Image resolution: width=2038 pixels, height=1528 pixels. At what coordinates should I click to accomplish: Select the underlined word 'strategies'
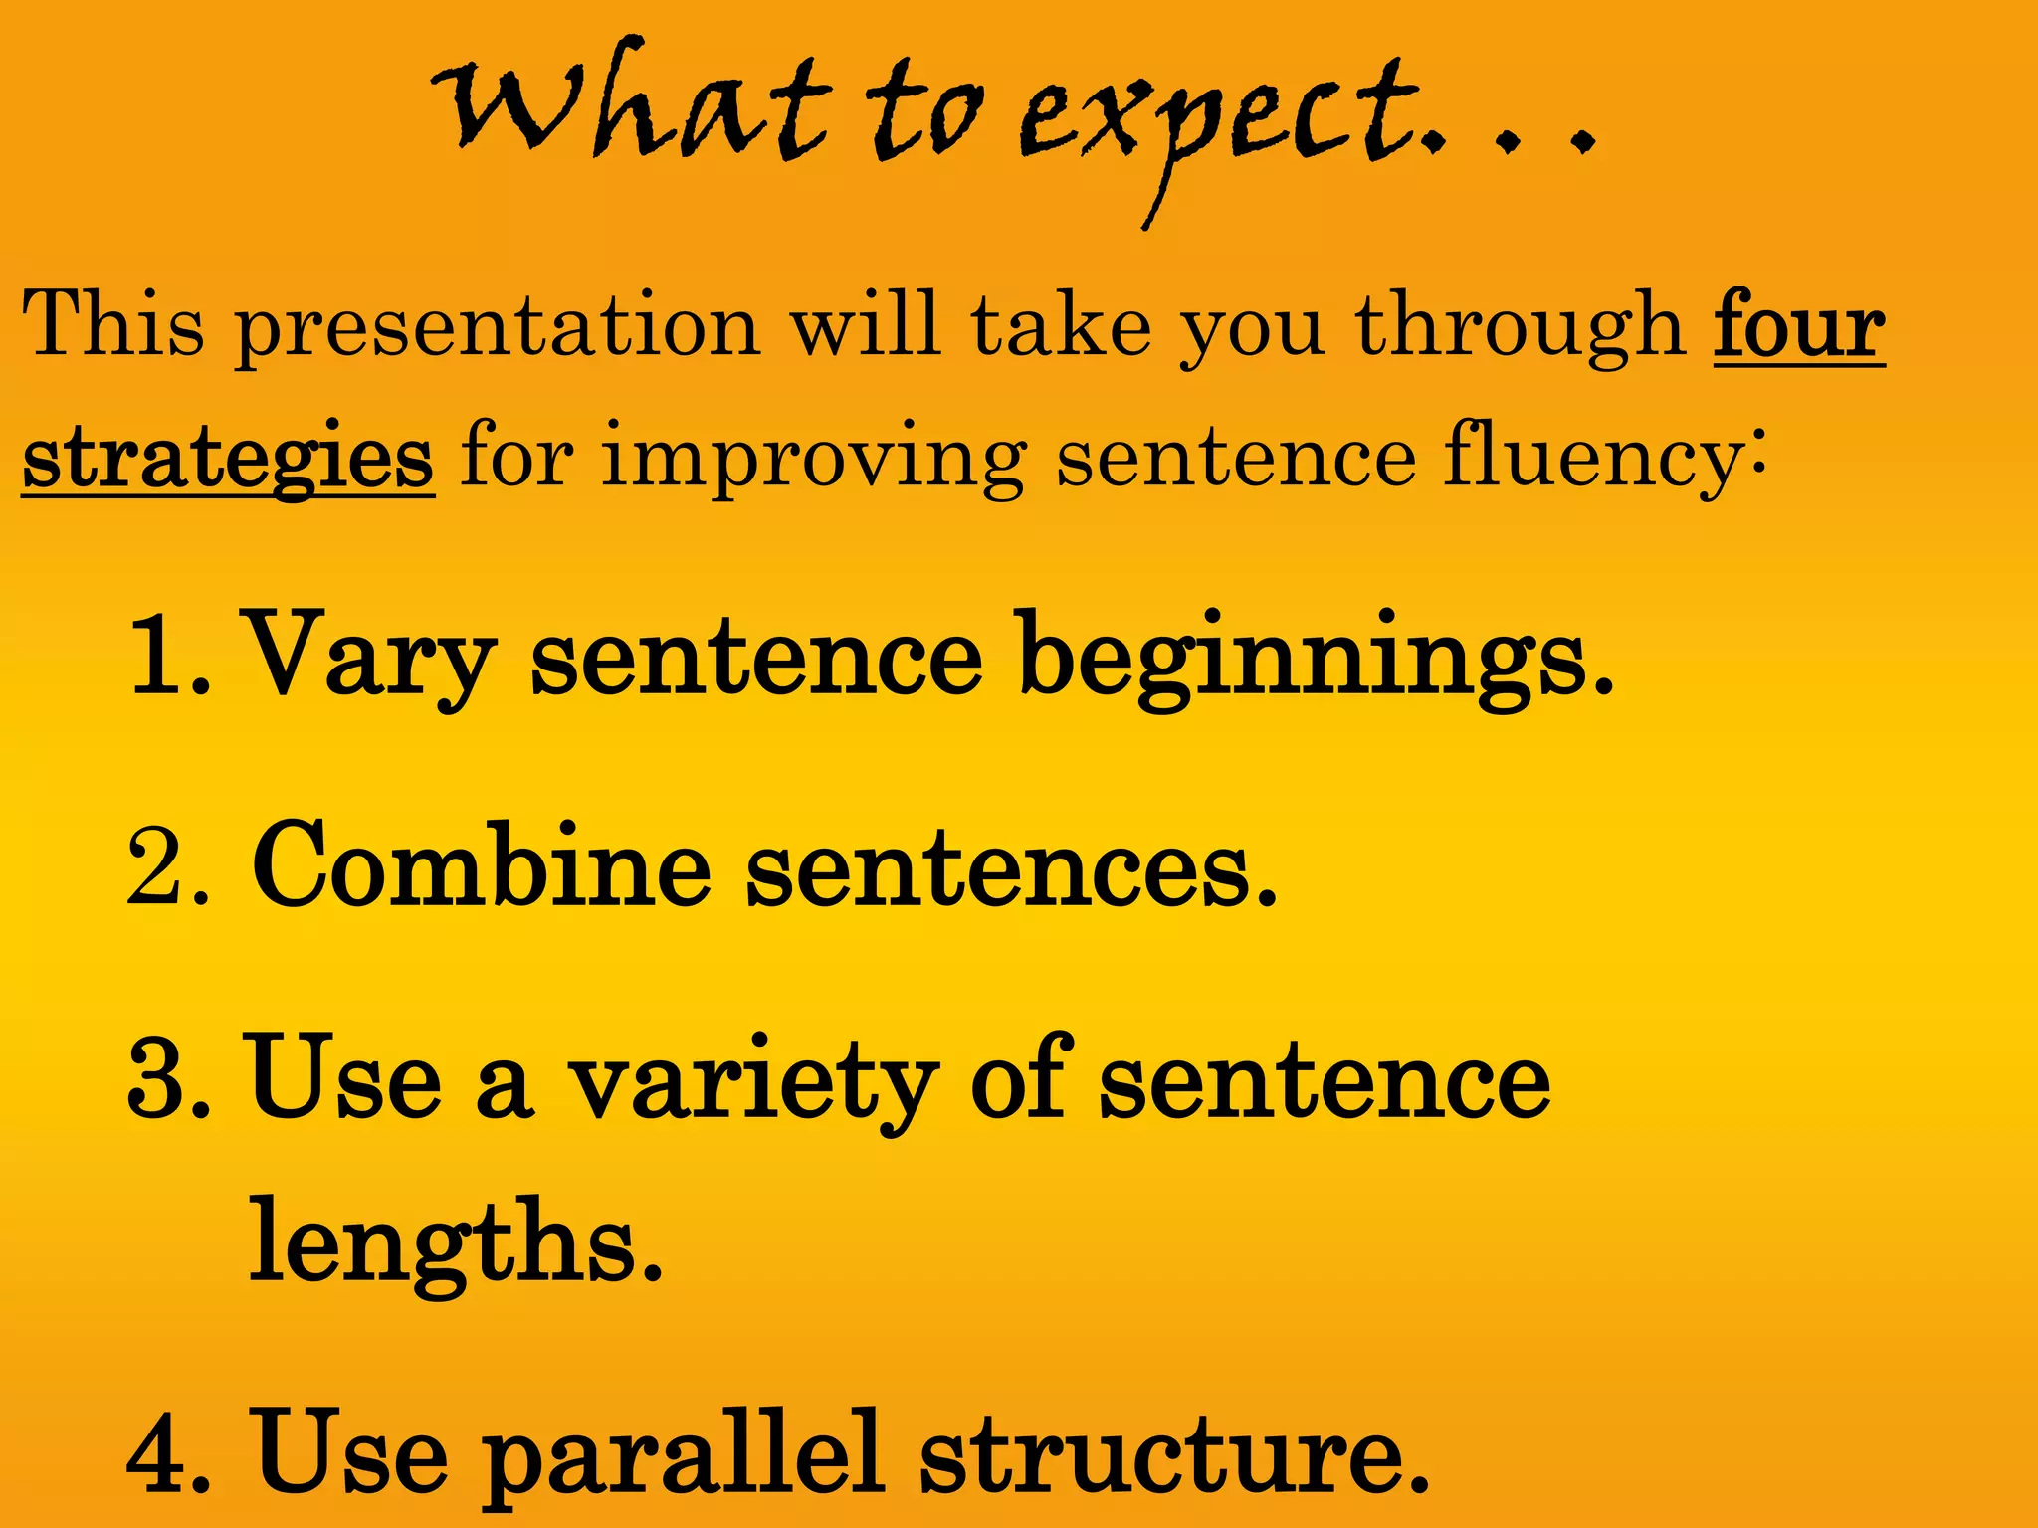tap(228, 457)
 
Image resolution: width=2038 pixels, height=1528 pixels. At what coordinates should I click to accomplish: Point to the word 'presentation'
tap(498, 328)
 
